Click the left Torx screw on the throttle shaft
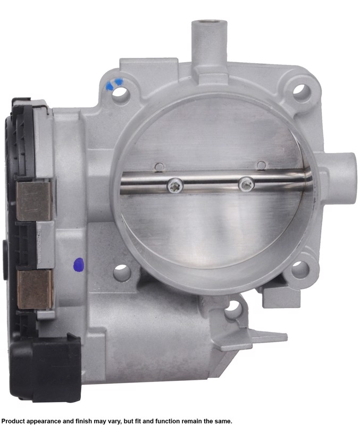175,185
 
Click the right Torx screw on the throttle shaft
246,184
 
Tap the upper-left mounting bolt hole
120,92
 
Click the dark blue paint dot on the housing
79,264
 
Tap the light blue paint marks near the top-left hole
114,84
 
